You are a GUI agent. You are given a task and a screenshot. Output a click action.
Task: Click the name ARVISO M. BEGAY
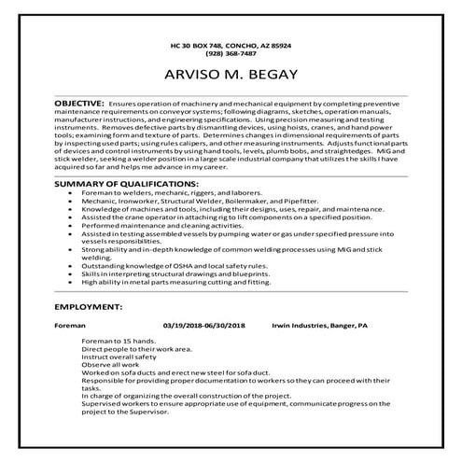pos(231,74)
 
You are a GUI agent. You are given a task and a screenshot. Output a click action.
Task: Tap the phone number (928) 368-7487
pos(231,53)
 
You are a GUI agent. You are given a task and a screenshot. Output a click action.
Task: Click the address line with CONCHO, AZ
pos(231,45)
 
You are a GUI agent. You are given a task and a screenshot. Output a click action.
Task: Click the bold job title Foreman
pos(70,326)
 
